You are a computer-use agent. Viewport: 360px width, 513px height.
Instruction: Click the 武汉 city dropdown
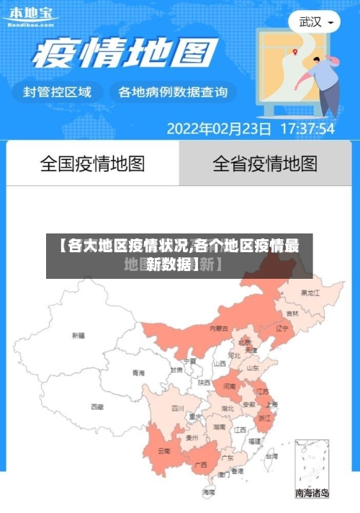315,22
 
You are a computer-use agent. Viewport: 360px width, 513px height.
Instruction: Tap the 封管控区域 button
58,92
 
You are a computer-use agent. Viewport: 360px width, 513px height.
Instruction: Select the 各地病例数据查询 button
172,92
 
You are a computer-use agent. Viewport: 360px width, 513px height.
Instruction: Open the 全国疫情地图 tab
92,164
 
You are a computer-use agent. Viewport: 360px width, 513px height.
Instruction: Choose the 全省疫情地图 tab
265,164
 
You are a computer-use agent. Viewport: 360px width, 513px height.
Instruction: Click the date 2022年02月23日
219,129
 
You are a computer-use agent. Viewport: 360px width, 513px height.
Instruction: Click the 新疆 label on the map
78,335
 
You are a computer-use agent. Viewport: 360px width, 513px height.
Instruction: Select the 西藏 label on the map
96,406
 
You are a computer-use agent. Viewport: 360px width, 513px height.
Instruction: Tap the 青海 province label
138,373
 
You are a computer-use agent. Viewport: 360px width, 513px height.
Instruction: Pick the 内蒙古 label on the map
218,328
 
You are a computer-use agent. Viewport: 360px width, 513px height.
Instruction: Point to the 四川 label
178,408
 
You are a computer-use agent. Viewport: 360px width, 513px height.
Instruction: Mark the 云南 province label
165,451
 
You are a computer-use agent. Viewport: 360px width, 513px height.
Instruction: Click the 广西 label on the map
202,464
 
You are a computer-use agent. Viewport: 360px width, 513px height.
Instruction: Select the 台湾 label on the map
271,455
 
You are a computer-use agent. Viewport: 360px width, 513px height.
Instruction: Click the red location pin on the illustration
294,51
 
